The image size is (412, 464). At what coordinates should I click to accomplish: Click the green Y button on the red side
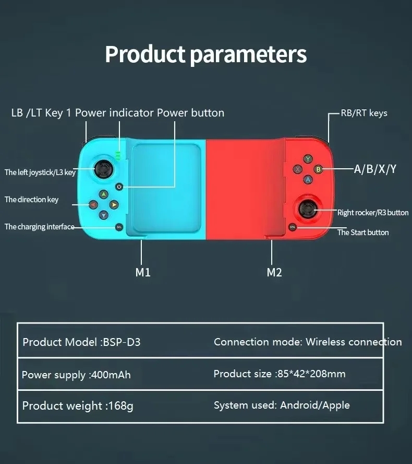click(x=308, y=159)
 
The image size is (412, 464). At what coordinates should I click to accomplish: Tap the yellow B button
click(x=318, y=169)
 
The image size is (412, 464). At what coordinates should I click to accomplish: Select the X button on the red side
click(x=298, y=169)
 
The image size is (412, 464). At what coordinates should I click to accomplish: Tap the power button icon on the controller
click(x=119, y=187)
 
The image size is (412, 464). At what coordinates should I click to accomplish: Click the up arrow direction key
click(x=104, y=194)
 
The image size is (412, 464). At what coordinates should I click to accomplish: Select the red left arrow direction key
click(x=93, y=204)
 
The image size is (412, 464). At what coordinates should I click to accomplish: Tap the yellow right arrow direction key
click(x=114, y=204)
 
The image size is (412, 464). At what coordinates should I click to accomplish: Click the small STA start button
click(x=293, y=227)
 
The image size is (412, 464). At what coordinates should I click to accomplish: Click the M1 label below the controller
click(x=143, y=272)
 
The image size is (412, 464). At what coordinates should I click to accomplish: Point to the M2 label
click(x=274, y=272)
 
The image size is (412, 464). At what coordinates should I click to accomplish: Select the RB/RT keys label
click(x=364, y=113)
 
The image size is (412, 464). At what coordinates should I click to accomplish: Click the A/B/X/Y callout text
click(x=375, y=169)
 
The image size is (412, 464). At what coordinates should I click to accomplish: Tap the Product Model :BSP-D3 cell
click(x=81, y=342)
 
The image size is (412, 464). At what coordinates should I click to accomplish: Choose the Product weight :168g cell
click(x=78, y=405)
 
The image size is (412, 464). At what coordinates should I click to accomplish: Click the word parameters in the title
click(x=248, y=55)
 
